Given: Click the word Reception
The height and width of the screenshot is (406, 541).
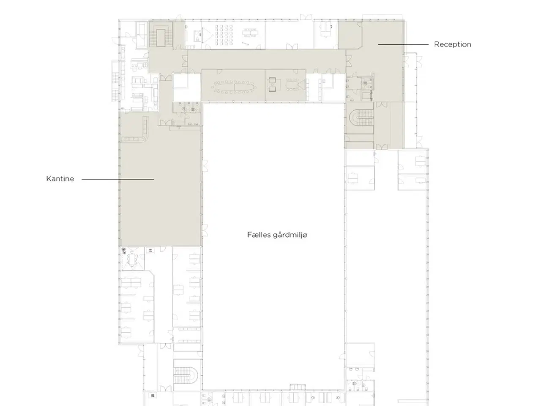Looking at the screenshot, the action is pyautogui.click(x=452, y=44).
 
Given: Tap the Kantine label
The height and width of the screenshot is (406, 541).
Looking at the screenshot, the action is pyautogui.click(x=60, y=178).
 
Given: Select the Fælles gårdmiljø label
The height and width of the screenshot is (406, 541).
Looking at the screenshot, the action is pyautogui.click(x=277, y=235).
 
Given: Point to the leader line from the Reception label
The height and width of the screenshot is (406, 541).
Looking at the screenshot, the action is pyautogui.click(x=403, y=45).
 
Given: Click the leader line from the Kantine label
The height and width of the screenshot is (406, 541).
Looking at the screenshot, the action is pyautogui.click(x=118, y=179).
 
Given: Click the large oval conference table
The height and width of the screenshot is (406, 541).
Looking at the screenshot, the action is pyautogui.click(x=234, y=87).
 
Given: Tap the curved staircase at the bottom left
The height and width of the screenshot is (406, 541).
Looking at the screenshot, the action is pyautogui.click(x=186, y=375).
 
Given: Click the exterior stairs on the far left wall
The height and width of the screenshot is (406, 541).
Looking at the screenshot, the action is pyautogui.click(x=115, y=81).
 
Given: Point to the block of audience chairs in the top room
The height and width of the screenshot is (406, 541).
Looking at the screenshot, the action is pyautogui.click(x=224, y=35).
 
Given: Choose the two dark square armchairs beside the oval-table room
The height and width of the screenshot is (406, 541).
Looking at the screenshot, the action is pyautogui.click(x=272, y=85).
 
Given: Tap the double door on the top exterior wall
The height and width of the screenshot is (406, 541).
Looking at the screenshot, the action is pyautogui.click(x=306, y=17).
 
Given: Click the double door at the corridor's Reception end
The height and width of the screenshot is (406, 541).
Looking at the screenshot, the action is pyautogui.click(x=349, y=61).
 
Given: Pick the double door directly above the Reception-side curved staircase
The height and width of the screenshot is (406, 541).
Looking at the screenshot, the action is pyautogui.click(x=381, y=104).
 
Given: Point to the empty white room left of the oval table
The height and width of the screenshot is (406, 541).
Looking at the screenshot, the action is pyautogui.click(x=187, y=87).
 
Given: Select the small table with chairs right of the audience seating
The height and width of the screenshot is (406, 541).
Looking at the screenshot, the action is pyautogui.click(x=250, y=33).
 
